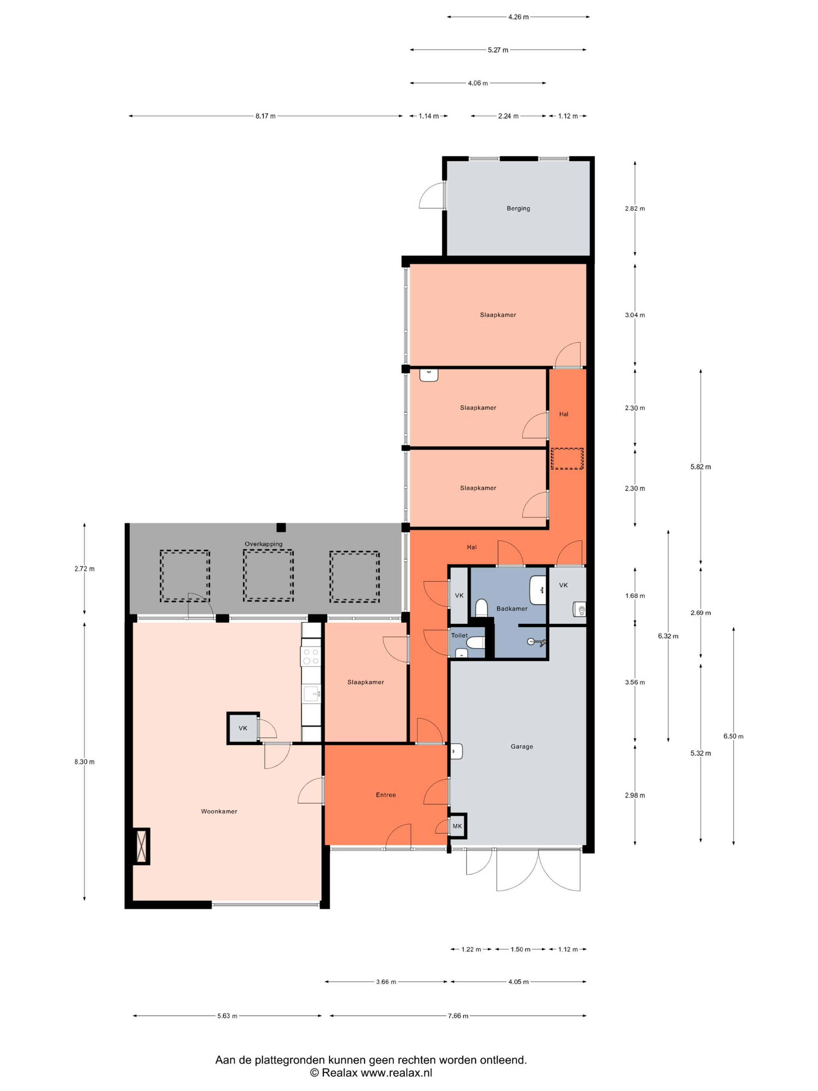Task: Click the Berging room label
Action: [518, 208]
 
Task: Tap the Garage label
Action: [522, 747]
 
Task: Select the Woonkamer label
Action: [219, 811]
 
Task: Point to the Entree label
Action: [386, 795]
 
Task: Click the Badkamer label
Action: [512, 609]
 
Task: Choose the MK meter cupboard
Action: [457, 826]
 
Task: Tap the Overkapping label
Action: [264, 544]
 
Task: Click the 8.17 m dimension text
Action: [265, 117]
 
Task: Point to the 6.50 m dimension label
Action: [733, 736]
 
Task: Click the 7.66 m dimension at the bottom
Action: [458, 1016]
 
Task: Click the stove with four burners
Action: [311, 657]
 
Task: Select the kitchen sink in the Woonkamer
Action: [311, 694]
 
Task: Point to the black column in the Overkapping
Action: [281, 527]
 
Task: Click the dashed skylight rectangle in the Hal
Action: [567, 459]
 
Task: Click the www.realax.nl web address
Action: [397, 1072]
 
